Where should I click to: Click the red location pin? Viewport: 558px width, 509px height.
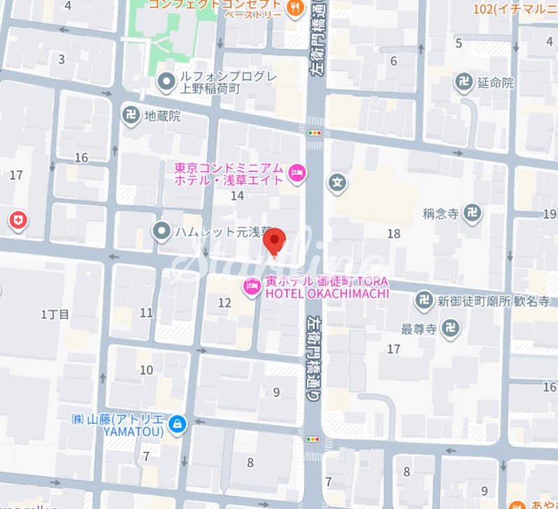pyautogui.click(x=275, y=243)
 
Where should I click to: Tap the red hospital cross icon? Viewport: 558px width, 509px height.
pyautogui.click(x=18, y=222)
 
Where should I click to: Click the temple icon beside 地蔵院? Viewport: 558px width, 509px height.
pyautogui.click(x=131, y=115)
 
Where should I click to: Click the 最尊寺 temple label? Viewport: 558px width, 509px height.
pyautogui.click(x=419, y=327)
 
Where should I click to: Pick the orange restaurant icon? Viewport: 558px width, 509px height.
pyautogui.click(x=296, y=8)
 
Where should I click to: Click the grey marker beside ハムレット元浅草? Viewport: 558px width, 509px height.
pyautogui.click(x=162, y=229)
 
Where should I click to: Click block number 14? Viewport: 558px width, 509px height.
pyautogui.click(x=238, y=196)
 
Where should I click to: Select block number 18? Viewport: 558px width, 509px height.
pyautogui.click(x=394, y=234)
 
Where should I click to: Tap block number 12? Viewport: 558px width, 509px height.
pyautogui.click(x=224, y=303)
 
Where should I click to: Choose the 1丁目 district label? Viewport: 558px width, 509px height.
pyautogui.click(x=55, y=314)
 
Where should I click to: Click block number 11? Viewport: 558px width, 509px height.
pyautogui.click(x=146, y=313)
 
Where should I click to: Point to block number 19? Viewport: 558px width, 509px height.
pyautogui.click(x=549, y=213)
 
